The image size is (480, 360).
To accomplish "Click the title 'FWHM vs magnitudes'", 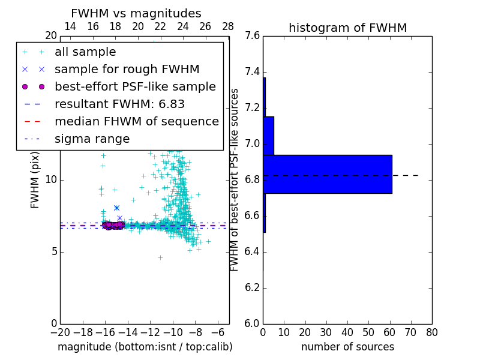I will pos(136,14).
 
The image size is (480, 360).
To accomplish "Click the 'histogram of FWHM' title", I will pos(347,28).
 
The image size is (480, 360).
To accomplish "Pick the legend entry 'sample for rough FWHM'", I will pos(127,69).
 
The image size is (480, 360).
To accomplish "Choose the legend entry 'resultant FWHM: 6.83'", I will pos(119,104).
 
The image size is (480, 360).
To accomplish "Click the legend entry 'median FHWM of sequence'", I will pos(136,121).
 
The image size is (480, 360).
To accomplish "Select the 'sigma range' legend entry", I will pos(92,139).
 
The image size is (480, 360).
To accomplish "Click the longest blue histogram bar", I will pos(327,174).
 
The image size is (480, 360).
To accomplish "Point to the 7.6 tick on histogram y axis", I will pos(253,36).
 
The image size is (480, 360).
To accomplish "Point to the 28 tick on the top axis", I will pos(228,26).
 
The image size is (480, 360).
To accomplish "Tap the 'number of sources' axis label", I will pos(347,347).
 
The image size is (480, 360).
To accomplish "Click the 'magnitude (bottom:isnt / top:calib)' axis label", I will pos(145,347).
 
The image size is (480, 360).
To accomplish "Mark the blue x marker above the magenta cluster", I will pos(116,208).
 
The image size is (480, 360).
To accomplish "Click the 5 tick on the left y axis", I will pos(53,251).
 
